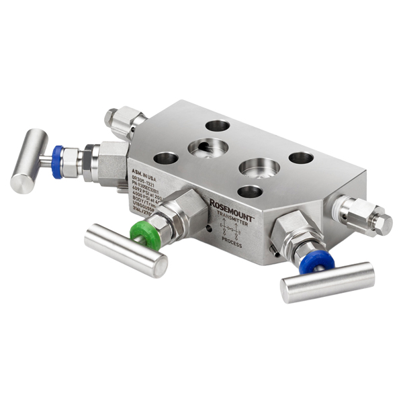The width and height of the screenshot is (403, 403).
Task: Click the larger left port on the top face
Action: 208,148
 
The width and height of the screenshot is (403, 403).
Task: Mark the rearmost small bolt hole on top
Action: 217,125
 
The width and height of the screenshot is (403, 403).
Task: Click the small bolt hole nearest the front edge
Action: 249,191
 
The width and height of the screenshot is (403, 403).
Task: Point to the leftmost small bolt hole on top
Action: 165,159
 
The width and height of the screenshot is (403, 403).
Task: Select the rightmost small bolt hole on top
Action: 301,158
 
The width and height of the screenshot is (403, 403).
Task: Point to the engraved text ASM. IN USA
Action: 142,171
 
